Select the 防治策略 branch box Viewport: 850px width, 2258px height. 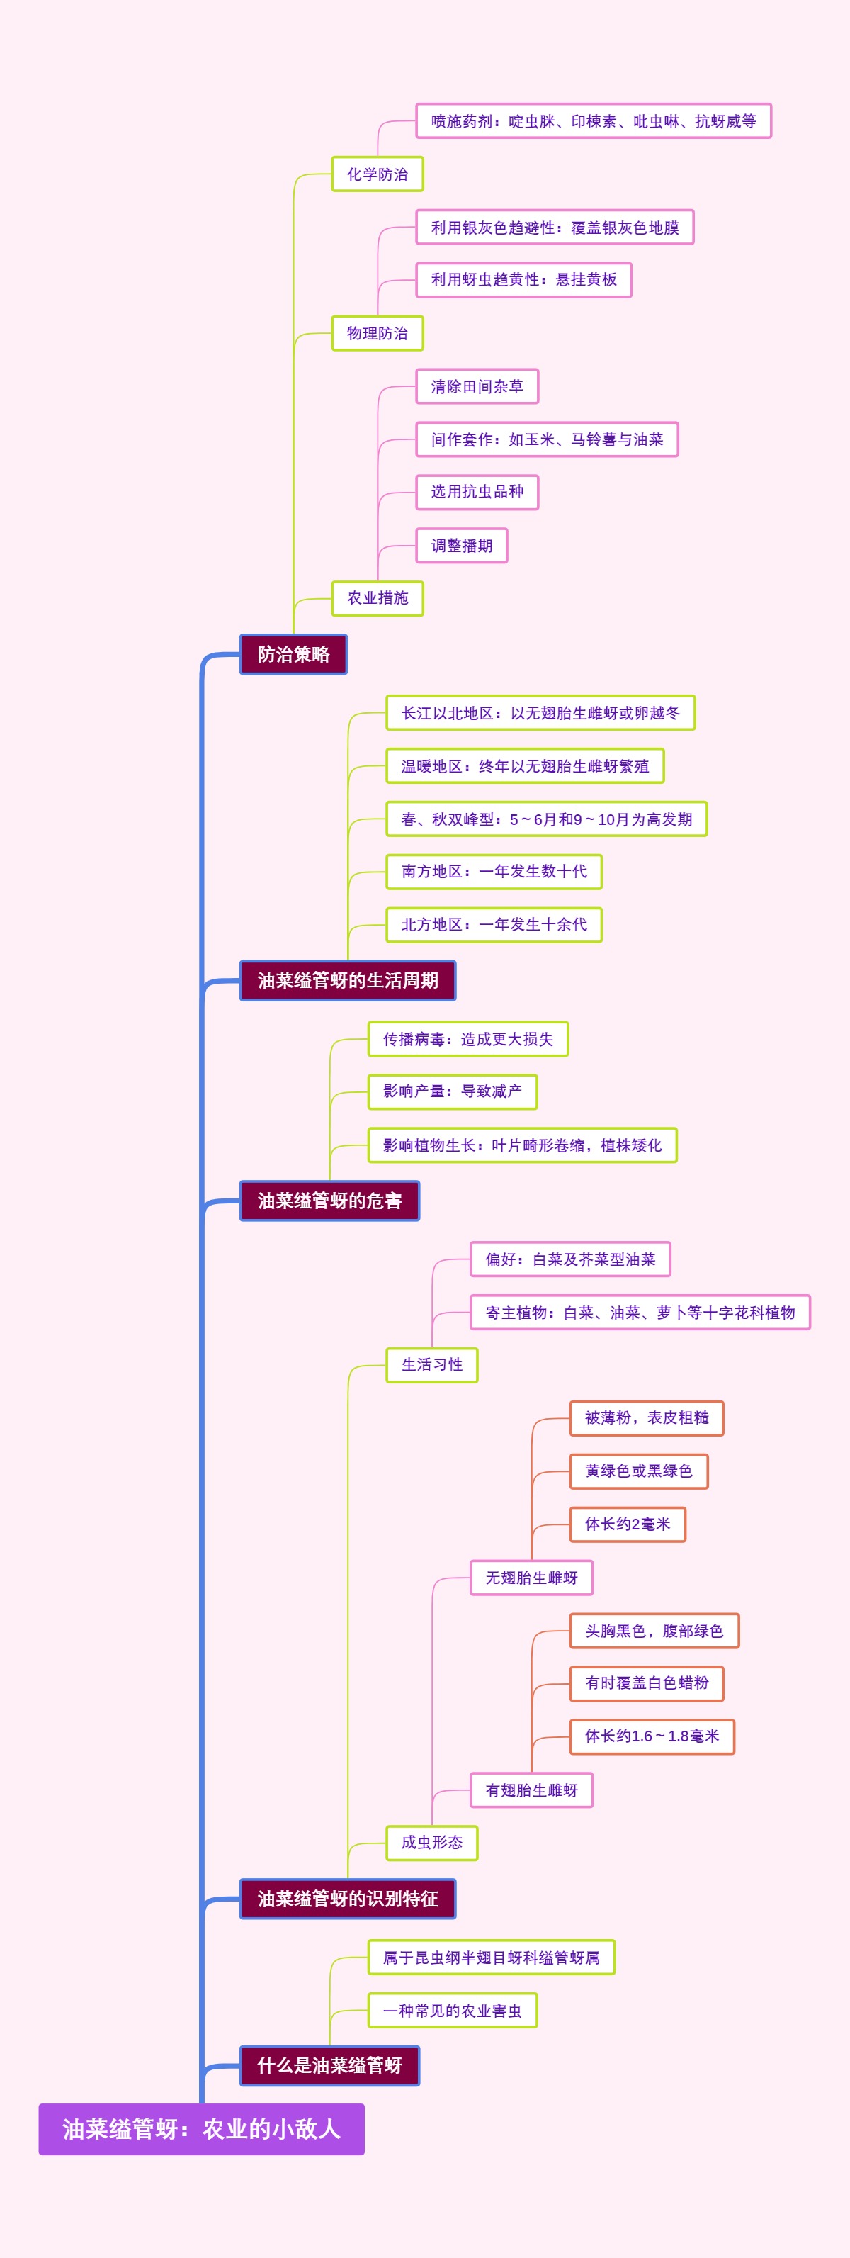(293, 654)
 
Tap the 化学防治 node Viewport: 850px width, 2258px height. (377, 174)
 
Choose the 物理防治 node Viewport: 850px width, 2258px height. (377, 333)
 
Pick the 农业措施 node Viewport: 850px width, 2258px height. (377, 597)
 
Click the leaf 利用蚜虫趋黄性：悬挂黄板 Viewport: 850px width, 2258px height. (523, 280)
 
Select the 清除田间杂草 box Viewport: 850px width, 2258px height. (477, 386)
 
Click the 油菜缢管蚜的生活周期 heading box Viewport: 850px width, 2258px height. (347, 980)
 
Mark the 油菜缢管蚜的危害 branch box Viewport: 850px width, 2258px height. (329, 1200)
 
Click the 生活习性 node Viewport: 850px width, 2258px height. (431, 1365)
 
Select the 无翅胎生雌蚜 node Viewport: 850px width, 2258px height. (531, 1578)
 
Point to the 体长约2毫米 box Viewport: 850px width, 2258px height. (628, 1524)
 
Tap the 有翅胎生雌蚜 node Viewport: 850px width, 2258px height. (531, 1790)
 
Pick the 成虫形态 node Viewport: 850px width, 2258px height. (431, 1843)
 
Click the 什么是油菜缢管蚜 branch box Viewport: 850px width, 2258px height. (329, 2065)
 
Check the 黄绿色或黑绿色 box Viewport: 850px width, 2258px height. (638, 1471)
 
